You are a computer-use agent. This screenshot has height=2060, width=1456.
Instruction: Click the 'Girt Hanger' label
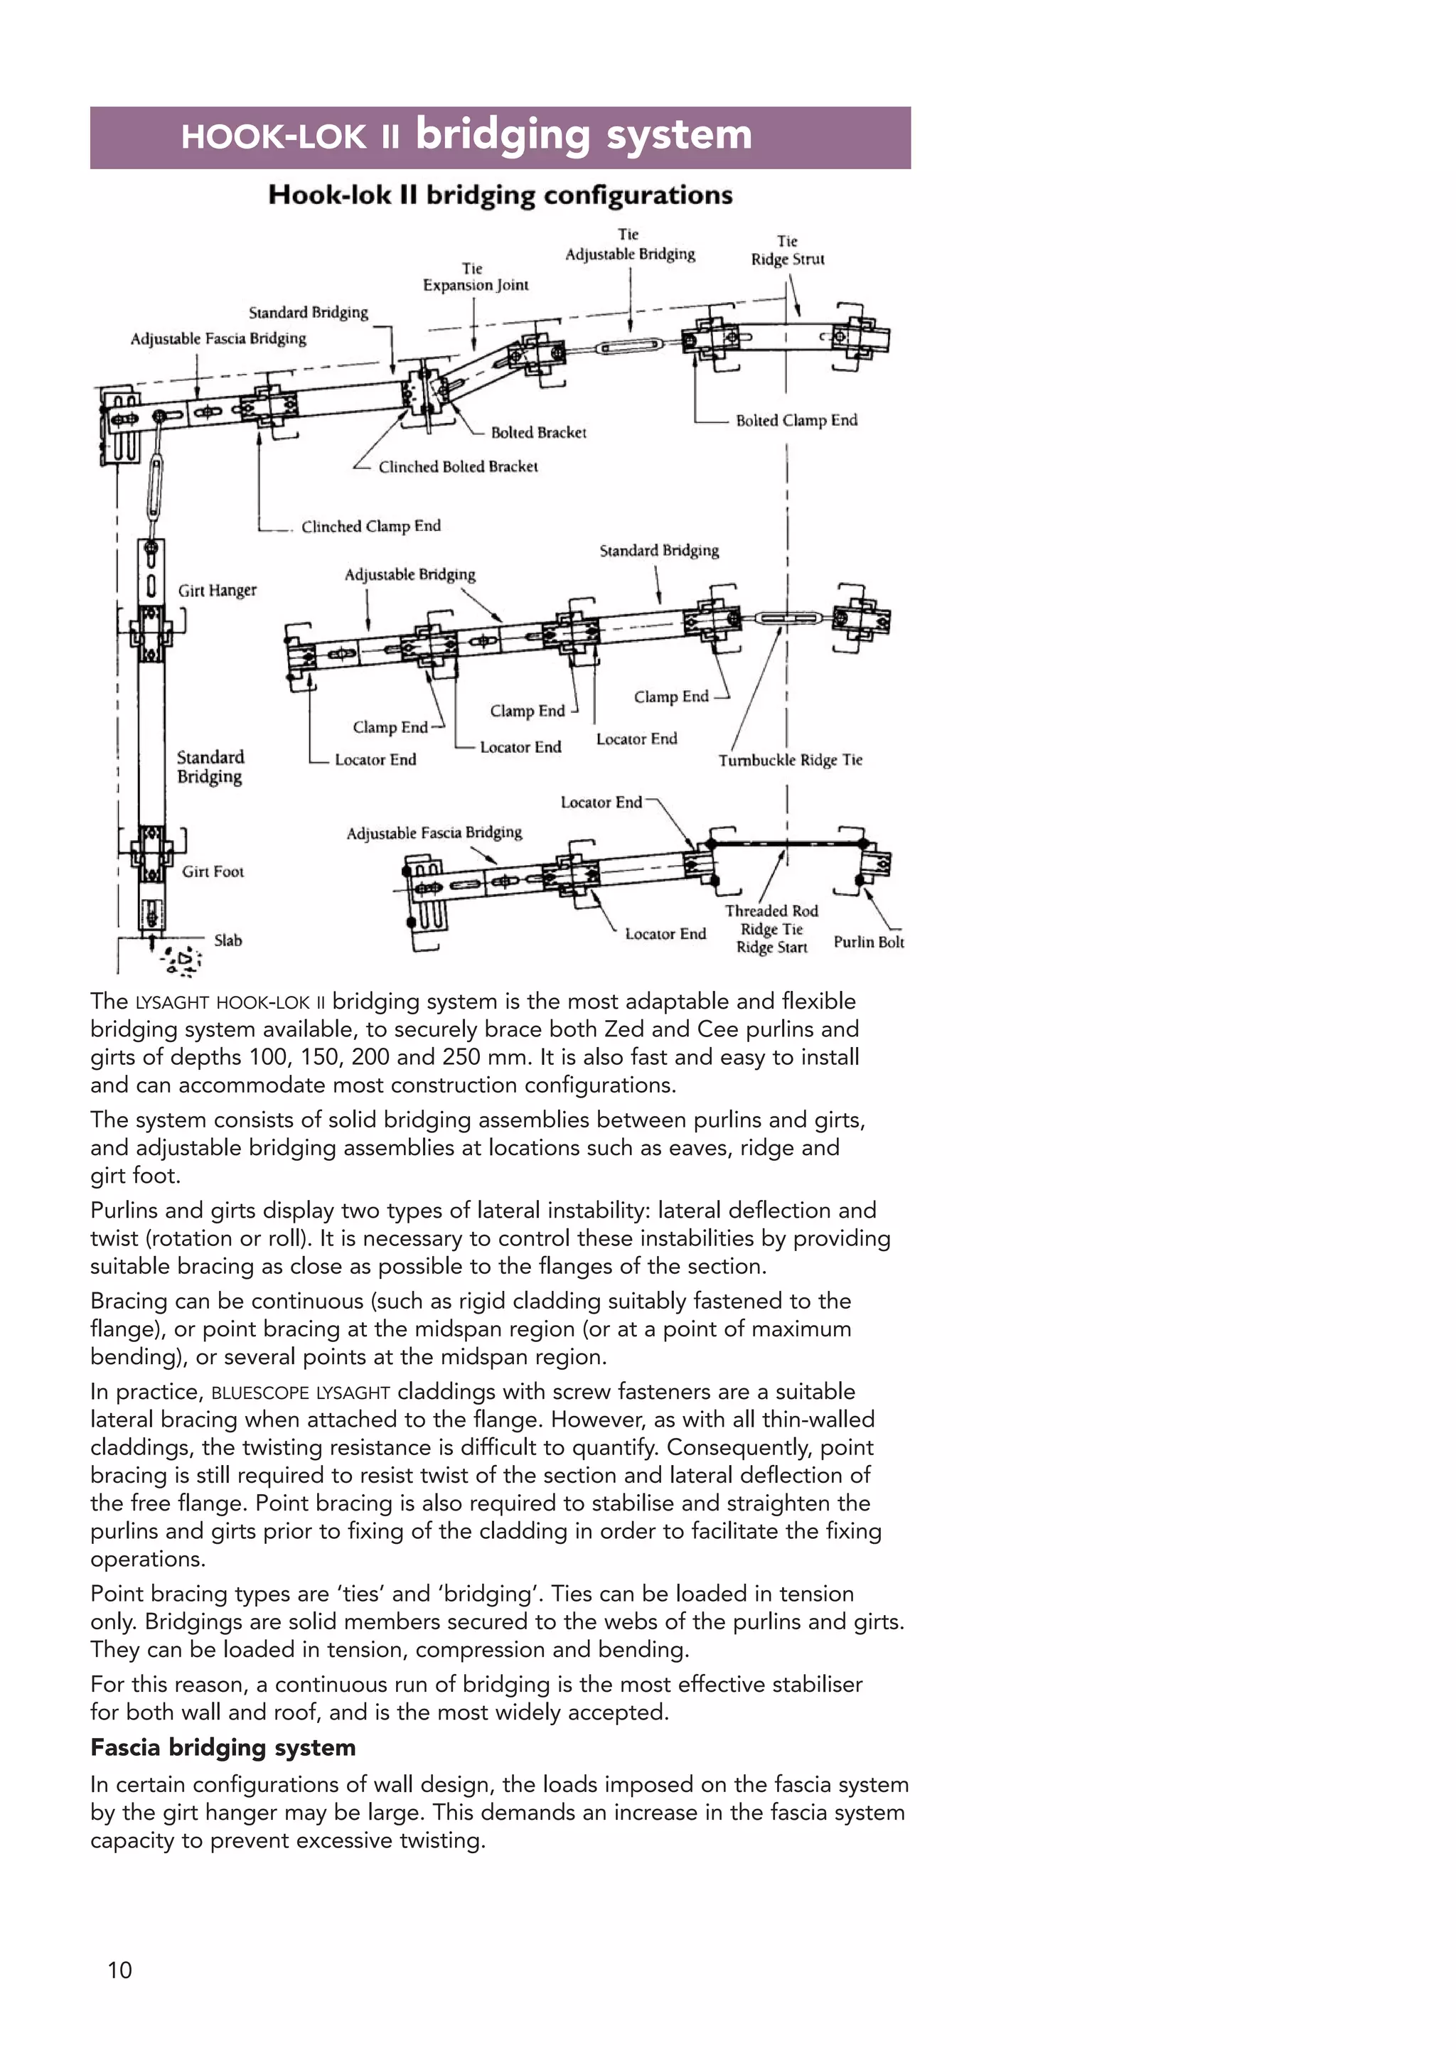click(217, 591)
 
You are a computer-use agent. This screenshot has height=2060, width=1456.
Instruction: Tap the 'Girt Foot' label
click(213, 871)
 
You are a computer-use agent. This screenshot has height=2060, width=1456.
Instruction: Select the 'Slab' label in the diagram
click(228, 940)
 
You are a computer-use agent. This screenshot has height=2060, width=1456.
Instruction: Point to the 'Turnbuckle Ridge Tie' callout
click(789, 760)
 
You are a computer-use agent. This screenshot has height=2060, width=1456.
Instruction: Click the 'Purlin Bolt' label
click(868, 942)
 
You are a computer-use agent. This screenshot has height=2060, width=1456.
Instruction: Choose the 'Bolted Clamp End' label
click(796, 420)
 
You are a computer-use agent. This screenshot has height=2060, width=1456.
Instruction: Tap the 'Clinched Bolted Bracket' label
click(458, 466)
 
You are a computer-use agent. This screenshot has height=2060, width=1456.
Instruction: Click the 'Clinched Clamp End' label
click(370, 526)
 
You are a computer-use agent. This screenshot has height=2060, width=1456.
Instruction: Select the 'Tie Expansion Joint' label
click(476, 277)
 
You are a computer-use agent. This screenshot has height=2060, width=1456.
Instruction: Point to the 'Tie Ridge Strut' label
click(787, 250)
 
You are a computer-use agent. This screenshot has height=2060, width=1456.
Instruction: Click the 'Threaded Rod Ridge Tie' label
click(771, 920)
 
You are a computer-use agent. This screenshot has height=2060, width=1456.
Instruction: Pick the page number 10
click(119, 1970)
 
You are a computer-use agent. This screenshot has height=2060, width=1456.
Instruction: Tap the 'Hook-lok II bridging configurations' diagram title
click(500, 195)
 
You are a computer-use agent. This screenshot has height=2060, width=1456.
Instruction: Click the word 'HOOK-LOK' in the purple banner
click(273, 137)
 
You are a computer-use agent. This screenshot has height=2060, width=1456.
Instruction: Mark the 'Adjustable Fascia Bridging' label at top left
click(218, 338)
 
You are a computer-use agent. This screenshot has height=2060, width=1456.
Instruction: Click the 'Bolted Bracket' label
click(538, 432)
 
